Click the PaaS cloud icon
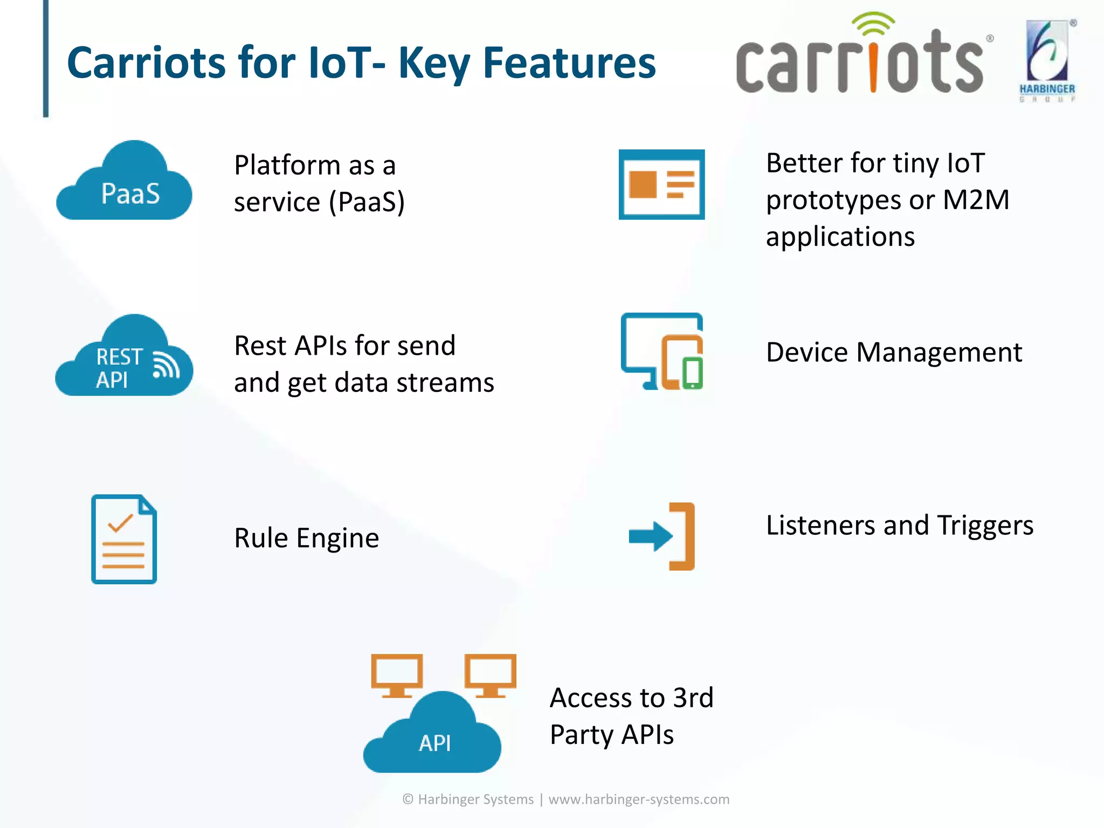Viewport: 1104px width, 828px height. click(124, 183)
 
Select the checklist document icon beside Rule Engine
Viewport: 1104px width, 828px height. click(124, 539)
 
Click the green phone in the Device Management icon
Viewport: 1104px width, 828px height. click(693, 372)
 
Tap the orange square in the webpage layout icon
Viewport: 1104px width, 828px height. click(643, 184)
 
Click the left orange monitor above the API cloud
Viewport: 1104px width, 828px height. click(397, 674)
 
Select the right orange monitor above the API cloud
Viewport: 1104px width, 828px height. click(491, 674)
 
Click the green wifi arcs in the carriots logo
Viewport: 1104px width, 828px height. click(873, 24)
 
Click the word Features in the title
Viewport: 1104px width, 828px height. click(569, 63)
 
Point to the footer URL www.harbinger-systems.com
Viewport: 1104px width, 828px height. click(639, 799)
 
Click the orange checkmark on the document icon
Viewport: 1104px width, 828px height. click(120, 522)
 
